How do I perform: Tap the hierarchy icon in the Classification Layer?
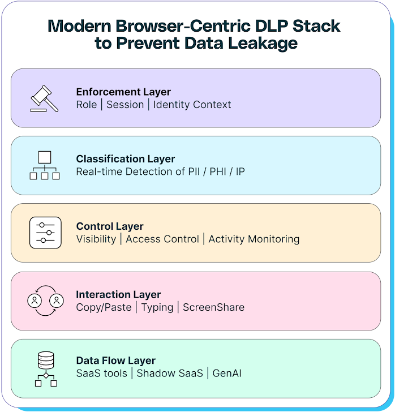45,165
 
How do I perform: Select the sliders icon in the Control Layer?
45,233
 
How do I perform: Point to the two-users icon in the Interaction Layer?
45,301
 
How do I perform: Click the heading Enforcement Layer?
123,92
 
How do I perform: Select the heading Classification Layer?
126,159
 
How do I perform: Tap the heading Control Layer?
110,226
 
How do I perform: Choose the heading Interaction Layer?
118,294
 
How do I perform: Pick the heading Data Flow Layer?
115,360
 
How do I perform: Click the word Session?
125,105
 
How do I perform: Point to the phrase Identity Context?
192,105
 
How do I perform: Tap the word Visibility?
96,239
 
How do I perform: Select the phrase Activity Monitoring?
254,239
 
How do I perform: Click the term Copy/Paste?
104,307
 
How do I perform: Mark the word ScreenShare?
214,307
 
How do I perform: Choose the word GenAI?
227,374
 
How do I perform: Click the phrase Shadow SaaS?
170,374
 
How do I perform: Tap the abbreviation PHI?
218,171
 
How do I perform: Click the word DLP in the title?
272,26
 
